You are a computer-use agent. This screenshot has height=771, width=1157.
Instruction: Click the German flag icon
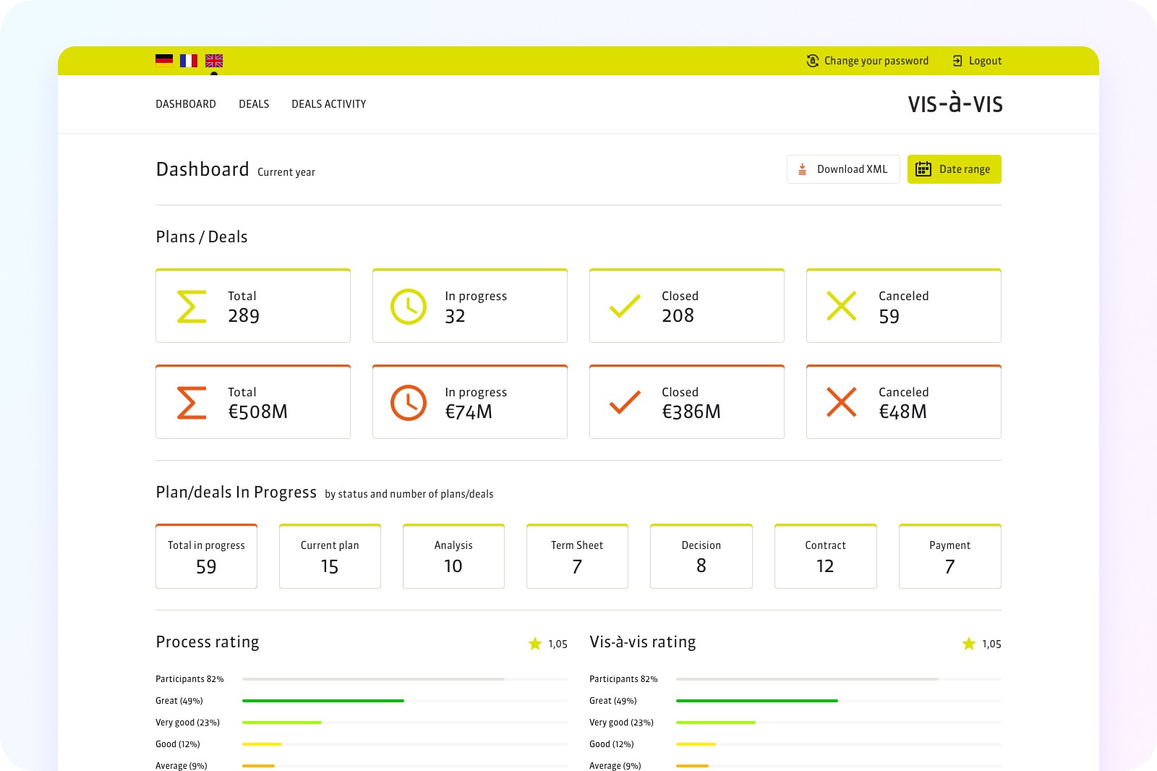(164, 61)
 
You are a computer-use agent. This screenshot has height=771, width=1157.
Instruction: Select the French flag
(189, 61)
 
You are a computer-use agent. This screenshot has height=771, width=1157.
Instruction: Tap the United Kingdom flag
(214, 61)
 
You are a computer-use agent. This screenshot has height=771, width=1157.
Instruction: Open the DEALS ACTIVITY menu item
(328, 104)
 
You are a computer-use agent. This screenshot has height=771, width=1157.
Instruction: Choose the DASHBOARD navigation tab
(186, 104)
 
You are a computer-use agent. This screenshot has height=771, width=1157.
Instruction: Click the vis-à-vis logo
(955, 103)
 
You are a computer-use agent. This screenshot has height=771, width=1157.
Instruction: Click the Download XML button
(843, 169)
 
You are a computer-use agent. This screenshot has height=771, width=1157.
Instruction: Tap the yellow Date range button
(954, 169)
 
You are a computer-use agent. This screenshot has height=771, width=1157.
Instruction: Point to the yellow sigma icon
(192, 307)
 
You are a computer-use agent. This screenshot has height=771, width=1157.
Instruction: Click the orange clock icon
(408, 403)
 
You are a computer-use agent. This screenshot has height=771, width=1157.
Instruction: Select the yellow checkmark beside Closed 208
(625, 306)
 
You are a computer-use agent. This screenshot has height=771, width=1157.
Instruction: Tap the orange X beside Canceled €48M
(842, 402)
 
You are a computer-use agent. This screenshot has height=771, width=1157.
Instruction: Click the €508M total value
(257, 412)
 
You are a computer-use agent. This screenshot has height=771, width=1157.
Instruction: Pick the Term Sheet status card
(577, 556)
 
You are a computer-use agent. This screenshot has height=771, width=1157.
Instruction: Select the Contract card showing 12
(825, 556)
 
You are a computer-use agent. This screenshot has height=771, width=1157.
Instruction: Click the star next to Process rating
(535, 644)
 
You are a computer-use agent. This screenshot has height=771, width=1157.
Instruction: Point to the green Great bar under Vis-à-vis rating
(756, 701)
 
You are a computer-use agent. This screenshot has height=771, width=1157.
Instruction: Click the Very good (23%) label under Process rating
(187, 723)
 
